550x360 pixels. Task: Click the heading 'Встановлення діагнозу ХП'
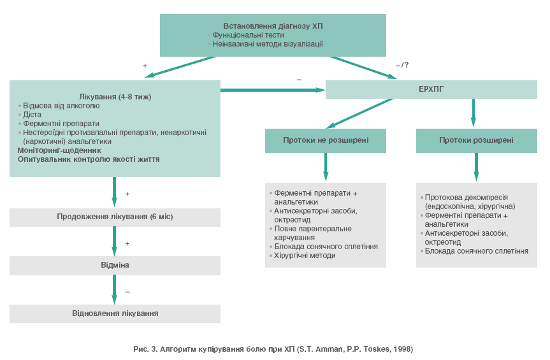[273, 25]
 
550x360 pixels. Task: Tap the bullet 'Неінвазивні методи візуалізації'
[268, 44]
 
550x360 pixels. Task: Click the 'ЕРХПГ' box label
[431, 89]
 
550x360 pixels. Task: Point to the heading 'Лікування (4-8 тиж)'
[115, 96]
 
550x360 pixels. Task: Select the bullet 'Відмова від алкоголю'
[61, 106]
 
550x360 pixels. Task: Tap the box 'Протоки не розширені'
[326, 140]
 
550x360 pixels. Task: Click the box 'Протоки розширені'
[476, 140]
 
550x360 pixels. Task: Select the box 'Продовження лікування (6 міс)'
[115, 217]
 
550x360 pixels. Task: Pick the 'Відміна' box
[115, 264]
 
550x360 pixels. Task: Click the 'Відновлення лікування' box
[115, 313]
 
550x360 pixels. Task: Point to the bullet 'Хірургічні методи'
[305, 256]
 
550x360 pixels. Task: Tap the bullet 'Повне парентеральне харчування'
[313, 233]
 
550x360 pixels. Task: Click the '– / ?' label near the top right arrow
[402, 65]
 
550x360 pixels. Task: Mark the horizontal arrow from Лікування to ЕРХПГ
[273, 90]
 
